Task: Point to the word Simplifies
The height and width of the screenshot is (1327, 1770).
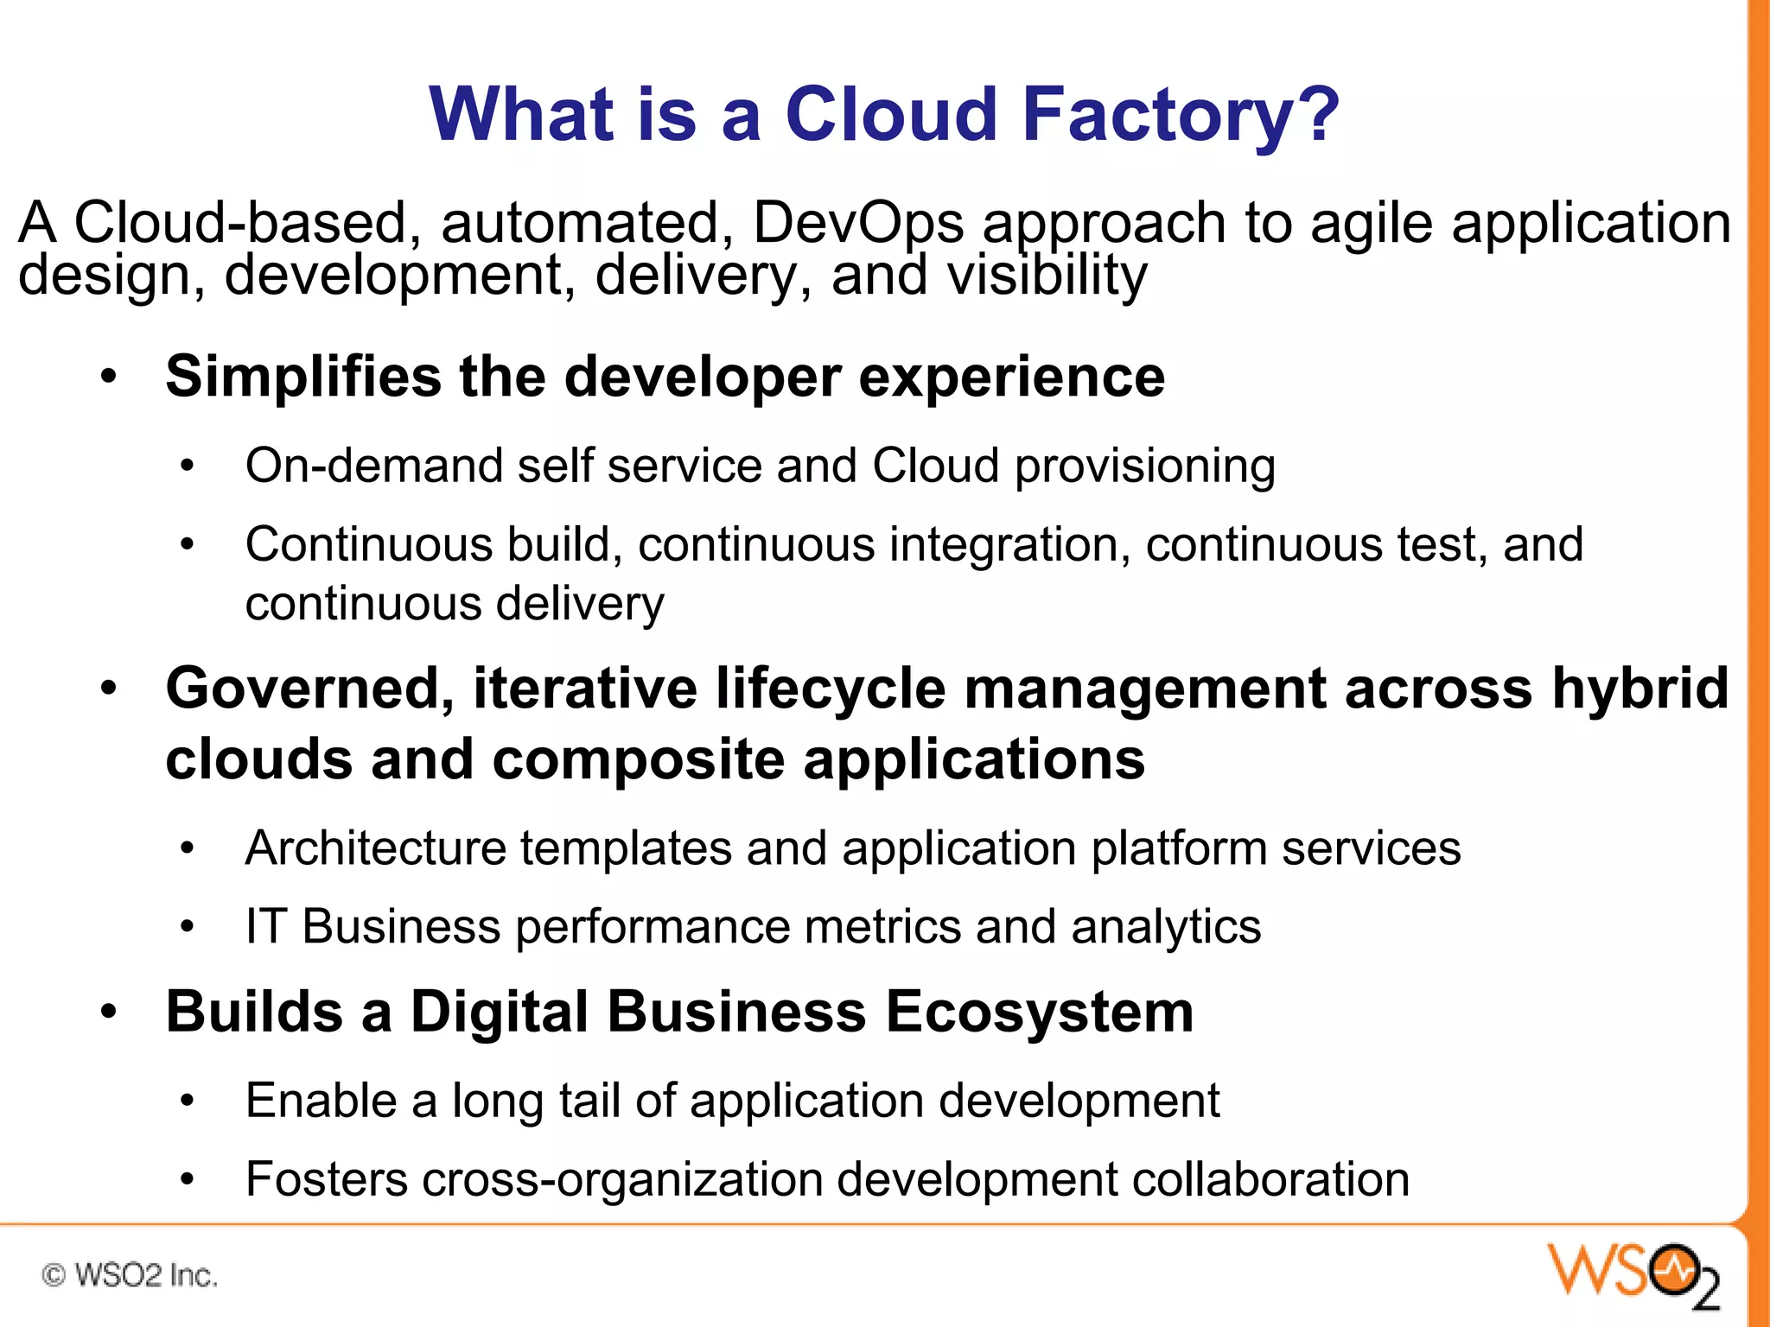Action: tap(303, 377)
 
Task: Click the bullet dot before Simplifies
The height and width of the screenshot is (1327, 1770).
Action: tap(108, 378)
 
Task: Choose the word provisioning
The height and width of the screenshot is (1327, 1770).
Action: tap(1144, 467)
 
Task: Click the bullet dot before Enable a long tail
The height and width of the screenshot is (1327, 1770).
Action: tap(188, 1102)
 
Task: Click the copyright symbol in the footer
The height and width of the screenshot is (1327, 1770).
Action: tap(54, 1275)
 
